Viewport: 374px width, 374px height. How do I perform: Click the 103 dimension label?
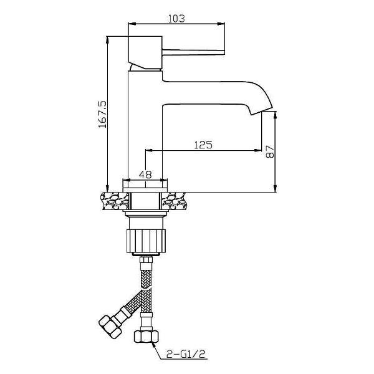point(176,18)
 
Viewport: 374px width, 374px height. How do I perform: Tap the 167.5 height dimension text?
point(103,114)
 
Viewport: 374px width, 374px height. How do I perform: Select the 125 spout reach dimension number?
point(203,145)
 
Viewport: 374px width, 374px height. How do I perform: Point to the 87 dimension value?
point(270,151)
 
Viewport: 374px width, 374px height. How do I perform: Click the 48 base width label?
point(145,175)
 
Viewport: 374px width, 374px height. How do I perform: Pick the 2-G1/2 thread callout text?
point(186,354)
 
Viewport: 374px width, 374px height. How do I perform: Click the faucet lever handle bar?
point(193,52)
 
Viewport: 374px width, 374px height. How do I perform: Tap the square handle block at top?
point(145,52)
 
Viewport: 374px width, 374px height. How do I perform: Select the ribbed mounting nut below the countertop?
point(146,241)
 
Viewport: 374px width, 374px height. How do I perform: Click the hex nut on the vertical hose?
point(146,337)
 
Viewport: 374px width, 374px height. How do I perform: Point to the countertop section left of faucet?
point(116,201)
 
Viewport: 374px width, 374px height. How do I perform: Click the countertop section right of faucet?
point(173,201)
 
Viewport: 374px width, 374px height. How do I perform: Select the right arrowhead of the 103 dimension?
point(221,24)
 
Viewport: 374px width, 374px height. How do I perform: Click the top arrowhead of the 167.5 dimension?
point(107,40)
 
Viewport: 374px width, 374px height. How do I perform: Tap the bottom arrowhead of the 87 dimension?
point(275,188)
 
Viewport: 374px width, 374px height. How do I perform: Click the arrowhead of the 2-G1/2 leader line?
point(154,345)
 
